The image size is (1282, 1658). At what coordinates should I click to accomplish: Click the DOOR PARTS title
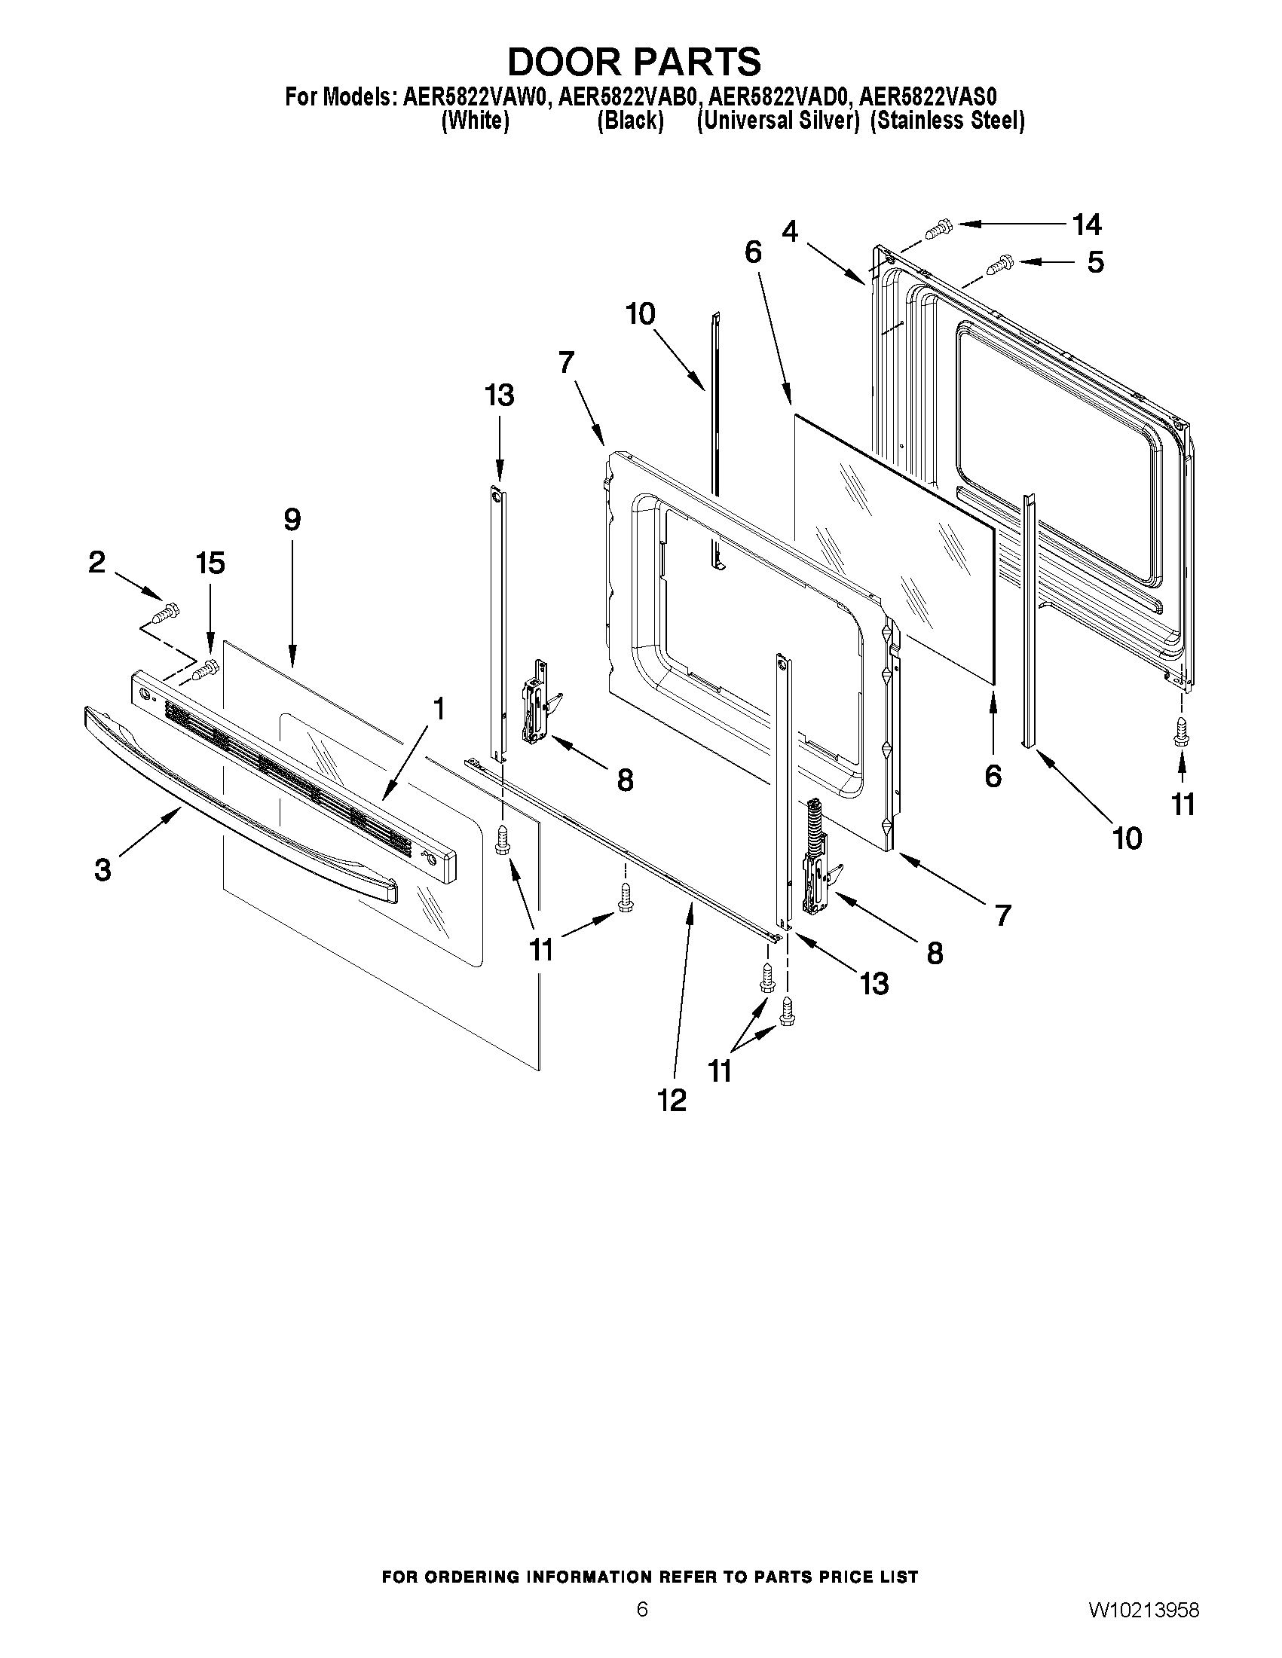[x=633, y=61]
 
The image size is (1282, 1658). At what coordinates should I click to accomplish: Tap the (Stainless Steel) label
[x=947, y=121]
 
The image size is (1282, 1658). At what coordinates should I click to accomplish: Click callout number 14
[x=1087, y=224]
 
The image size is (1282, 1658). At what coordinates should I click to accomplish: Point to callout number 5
[x=1095, y=263]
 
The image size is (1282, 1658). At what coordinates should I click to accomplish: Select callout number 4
[x=791, y=231]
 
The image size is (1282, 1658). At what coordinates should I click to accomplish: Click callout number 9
[x=292, y=520]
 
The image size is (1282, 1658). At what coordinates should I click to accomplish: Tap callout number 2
[x=97, y=562]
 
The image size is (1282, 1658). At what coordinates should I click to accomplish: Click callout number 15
[x=210, y=563]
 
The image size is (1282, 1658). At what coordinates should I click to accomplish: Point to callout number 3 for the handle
[x=102, y=869]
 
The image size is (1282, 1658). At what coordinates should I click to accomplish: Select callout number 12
[x=672, y=1100]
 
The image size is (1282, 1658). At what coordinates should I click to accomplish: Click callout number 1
[x=438, y=709]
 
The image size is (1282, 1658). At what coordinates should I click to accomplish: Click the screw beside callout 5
[x=999, y=265]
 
